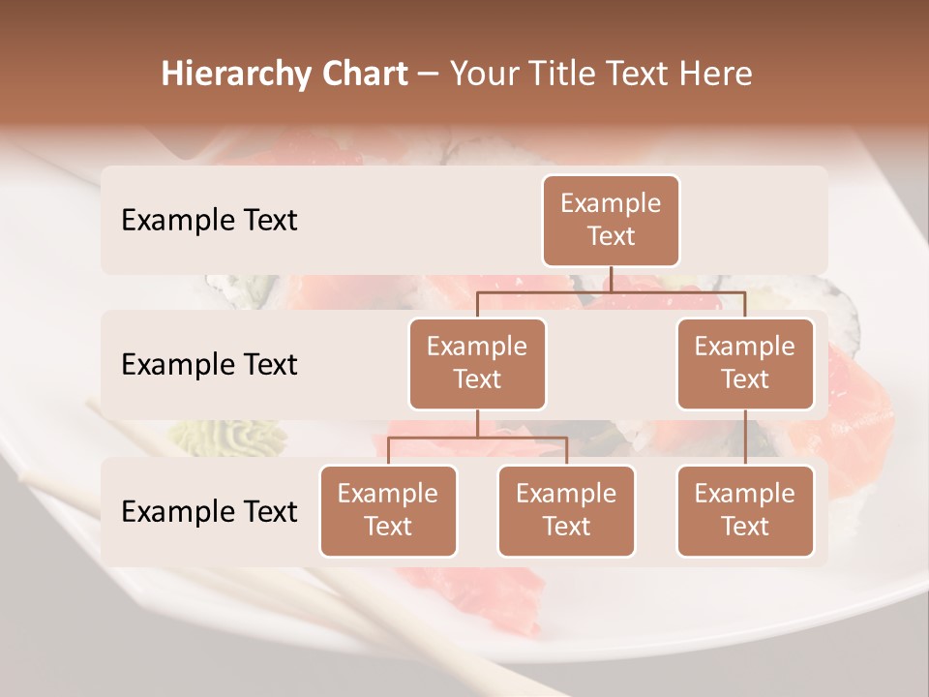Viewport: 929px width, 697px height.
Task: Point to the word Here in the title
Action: click(716, 74)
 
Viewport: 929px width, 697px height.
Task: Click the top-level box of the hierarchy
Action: click(611, 221)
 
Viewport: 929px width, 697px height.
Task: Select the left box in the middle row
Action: click(477, 364)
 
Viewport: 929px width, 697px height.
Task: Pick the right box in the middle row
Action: click(745, 364)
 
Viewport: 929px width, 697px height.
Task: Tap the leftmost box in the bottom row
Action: click(388, 511)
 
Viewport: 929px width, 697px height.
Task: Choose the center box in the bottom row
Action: click(566, 511)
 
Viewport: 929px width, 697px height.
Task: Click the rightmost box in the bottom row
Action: click(745, 511)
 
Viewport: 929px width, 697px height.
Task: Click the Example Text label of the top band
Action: click(209, 221)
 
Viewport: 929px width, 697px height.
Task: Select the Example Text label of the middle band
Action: click(209, 365)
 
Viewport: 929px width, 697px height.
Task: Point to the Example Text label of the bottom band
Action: click(209, 511)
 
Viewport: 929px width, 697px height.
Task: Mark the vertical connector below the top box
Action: click(611, 279)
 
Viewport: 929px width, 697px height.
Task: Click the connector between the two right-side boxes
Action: click(745, 438)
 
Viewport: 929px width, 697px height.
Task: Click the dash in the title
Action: click(429, 75)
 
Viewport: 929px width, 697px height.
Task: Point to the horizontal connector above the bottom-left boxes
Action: click(477, 438)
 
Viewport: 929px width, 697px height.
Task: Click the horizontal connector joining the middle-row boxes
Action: click(611, 290)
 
